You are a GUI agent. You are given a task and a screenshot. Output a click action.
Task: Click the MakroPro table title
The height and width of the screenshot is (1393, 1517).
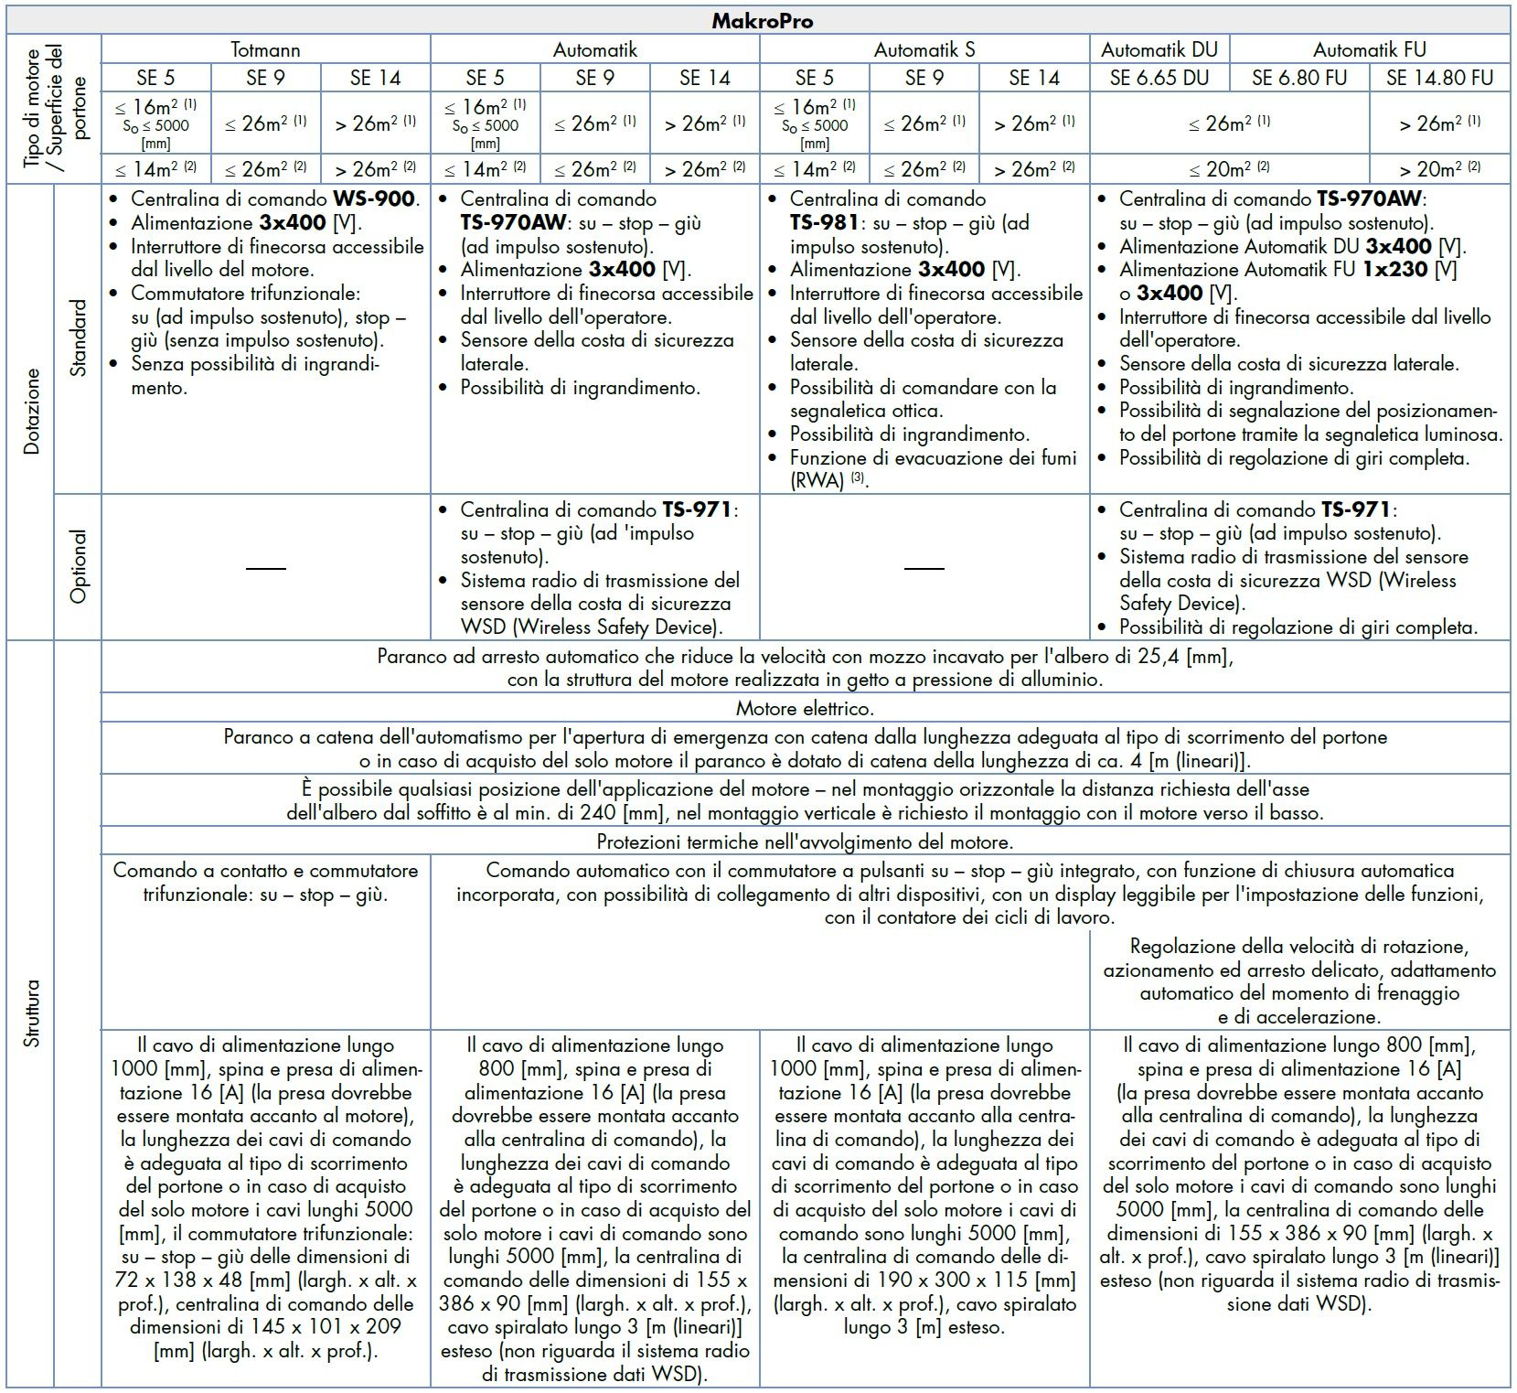[762, 21]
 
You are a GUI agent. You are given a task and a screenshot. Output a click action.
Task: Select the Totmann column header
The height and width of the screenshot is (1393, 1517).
[265, 49]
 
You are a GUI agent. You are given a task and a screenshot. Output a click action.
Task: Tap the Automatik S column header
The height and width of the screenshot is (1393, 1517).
[924, 49]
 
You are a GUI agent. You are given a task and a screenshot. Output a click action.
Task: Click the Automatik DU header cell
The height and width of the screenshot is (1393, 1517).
[1159, 49]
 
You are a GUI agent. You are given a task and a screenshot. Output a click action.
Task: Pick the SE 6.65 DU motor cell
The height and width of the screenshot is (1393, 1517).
[1159, 78]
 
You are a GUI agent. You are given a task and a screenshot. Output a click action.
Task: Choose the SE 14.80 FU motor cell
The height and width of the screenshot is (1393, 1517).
[1439, 78]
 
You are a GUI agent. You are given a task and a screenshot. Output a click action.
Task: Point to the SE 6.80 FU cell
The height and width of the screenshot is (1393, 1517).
[1299, 78]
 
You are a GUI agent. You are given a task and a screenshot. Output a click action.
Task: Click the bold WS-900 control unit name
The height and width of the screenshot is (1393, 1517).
[375, 199]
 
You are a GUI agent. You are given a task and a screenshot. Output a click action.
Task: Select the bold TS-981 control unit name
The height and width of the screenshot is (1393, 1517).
[824, 223]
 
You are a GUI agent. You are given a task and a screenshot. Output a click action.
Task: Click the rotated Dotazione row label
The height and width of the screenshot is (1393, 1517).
[32, 412]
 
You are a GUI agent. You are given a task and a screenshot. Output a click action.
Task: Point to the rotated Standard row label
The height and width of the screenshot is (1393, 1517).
[79, 338]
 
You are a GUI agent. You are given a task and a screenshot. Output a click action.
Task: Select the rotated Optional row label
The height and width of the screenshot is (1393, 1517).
[79, 567]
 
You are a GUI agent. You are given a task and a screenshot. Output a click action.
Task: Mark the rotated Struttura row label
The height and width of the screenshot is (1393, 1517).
[32, 1013]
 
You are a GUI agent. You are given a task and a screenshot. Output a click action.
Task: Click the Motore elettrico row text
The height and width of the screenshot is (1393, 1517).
[805, 709]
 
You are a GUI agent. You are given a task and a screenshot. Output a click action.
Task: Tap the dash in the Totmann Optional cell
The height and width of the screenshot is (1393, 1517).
[266, 568]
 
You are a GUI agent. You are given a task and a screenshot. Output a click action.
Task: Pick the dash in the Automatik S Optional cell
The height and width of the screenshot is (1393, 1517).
[924, 568]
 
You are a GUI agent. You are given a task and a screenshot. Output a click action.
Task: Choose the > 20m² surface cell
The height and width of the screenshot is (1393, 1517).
[1439, 168]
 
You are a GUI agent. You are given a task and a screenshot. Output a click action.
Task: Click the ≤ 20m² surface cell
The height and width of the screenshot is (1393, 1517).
[1229, 168]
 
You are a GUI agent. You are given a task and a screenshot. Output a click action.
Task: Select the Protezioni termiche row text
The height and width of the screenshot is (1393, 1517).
[805, 841]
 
